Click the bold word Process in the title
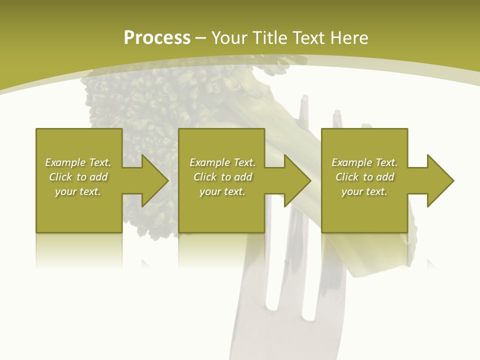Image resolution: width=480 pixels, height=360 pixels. click(x=157, y=38)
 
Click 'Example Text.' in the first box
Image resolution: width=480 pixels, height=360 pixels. click(x=78, y=162)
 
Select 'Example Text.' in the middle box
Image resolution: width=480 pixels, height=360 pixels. click(x=222, y=162)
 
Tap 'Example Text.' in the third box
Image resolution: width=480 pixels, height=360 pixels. click(x=364, y=162)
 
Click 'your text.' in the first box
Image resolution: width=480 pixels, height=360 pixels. click(x=78, y=191)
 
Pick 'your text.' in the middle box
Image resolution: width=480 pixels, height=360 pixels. click(x=222, y=191)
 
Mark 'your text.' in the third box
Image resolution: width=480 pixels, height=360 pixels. click(x=364, y=191)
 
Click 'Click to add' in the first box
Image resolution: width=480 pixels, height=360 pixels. click(x=78, y=177)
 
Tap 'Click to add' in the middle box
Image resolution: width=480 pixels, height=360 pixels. click(x=222, y=177)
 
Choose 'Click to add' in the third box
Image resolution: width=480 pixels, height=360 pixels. click(x=364, y=177)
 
